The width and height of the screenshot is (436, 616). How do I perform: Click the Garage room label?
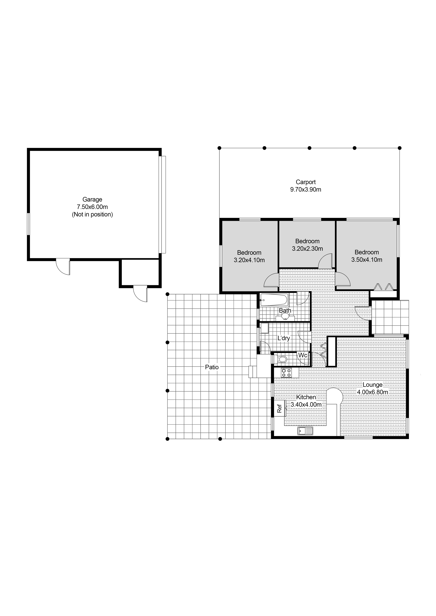(92, 199)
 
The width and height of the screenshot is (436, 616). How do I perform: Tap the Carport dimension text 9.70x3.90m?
(306, 189)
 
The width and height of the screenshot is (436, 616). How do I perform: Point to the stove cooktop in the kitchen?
(286, 373)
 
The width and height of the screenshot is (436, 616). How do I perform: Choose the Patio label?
(212, 367)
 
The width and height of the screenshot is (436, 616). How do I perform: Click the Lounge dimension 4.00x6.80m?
(372, 392)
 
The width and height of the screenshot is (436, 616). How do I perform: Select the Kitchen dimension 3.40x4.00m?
(306, 404)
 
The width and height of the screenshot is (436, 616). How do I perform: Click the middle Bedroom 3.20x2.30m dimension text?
(307, 248)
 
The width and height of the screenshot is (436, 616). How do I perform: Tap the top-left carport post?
(219, 148)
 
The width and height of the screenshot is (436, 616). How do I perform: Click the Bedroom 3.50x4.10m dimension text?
(367, 260)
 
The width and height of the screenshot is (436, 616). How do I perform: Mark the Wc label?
(303, 355)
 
